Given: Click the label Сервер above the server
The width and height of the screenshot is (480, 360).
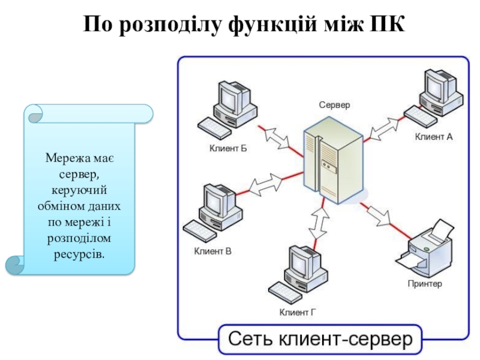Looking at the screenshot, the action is [x=334, y=105].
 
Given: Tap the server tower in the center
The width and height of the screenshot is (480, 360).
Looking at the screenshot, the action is [x=334, y=160].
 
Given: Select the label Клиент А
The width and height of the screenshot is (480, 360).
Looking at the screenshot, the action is [x=433, y=137].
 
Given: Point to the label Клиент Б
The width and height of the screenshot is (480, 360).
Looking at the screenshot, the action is [x=228, y=148].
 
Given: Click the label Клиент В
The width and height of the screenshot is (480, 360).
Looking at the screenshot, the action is [x=213, y=251].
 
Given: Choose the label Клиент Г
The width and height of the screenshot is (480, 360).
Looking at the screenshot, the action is [x=297, y=313].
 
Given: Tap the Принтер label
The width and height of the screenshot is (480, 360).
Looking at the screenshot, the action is [x=425, y=284].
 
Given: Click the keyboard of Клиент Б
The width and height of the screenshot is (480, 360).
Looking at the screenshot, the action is [x=214, y=128].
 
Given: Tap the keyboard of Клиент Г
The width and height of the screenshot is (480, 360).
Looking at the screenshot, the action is [x=285, y=292].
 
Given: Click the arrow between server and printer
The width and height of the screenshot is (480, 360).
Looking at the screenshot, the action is [x=380, y=215].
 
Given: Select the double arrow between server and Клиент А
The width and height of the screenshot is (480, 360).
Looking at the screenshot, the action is [x=384, y=128].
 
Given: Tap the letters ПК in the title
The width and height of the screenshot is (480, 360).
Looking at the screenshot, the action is [x=388, y=24].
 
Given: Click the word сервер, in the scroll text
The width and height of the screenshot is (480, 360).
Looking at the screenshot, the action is [x=79, y=175].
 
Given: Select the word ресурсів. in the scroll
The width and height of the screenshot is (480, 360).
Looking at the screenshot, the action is [x=79, y=254].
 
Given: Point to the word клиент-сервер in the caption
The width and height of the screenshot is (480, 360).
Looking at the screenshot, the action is [x=346, y=339].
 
